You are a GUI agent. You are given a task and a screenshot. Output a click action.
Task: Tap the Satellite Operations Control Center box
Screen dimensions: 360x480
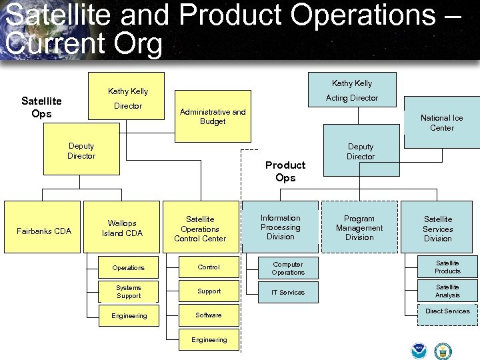click(200, 228)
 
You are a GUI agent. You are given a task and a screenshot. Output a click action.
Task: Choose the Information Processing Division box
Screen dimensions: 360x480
click(280, 227)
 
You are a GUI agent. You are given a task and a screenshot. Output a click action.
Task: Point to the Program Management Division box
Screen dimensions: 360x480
click(359, 227)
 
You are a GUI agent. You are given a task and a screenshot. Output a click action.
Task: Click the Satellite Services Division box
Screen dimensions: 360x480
click(438, 228)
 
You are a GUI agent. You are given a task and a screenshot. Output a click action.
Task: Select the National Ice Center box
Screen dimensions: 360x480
click(441, 123)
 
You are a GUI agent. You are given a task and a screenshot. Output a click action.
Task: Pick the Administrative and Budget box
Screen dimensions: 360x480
click(213, 117)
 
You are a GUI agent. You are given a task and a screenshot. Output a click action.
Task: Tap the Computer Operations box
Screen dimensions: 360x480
click(288, 268)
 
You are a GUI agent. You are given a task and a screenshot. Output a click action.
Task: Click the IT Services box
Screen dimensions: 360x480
click(288, 292)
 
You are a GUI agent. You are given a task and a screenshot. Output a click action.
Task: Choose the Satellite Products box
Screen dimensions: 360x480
click(447, 267)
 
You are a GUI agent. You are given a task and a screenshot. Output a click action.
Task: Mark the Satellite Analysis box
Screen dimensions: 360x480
click(447, 291)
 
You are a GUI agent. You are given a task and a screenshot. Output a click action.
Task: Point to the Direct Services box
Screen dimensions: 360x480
click(447, 315)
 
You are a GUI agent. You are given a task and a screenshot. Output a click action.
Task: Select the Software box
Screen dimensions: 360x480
click(209, 315)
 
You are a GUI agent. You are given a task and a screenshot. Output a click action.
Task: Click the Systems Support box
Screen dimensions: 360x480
click(129, 292)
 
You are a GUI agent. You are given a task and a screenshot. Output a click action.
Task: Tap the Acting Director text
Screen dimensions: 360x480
click(351, 98)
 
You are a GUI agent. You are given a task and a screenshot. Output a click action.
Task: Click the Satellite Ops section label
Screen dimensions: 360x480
click(41, 107)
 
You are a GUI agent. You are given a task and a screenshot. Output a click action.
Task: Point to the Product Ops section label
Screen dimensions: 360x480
click(285, 171)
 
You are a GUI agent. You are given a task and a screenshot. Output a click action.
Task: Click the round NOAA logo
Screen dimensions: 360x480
click(419, 350)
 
